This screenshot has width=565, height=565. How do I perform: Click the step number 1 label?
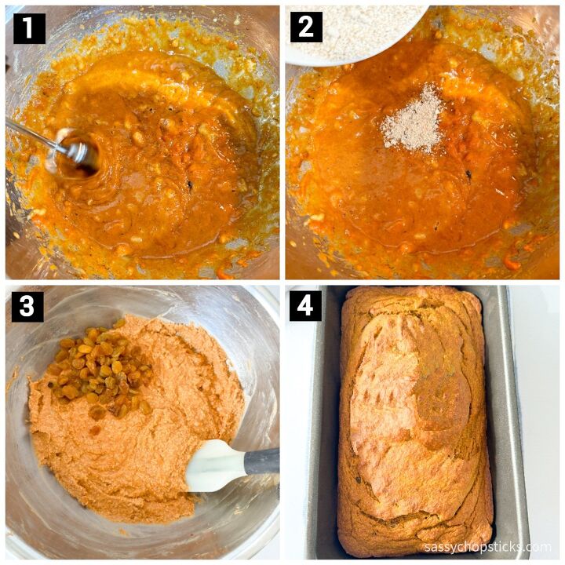pyautogui.click(x=29, y=28)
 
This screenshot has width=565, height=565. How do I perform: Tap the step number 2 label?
pyautogui.click(x=306, y=27)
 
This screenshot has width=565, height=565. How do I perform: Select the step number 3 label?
pyautogui.click(x=27, y=307)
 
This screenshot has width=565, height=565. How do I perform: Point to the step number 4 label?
pyautogui.click(x=305, y=306)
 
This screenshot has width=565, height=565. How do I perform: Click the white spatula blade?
pyautogui.click(x=217, y=465)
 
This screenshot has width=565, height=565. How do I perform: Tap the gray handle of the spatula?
pyautogui.click(x=262, y=461)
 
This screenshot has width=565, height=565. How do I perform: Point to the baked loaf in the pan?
pyautogui.click(x=414, y=421)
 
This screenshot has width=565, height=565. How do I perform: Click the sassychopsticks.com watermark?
pyautogui.click(x=488, y=548)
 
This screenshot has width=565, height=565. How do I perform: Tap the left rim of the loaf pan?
pyautogui.click(x=323, y=421)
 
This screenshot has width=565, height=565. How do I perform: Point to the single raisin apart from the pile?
pyautogui.click(x=95, y=430)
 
